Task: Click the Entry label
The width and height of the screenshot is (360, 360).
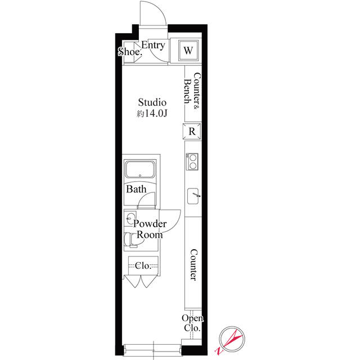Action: [153, 46]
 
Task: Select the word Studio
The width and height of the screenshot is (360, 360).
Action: [153, 102]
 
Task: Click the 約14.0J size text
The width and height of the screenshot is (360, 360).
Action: [153, 114]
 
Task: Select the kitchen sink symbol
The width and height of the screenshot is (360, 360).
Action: [193, 196]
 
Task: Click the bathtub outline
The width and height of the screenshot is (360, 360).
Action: [143, 170]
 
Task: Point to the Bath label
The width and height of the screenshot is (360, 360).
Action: [136, 190]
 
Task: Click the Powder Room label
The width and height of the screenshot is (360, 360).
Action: [150, 229]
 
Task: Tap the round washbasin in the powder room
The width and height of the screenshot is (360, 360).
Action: [131, 219]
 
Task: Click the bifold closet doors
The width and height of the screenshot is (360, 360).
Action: [141, 281]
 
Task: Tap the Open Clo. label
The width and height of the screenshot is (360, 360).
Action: [192, 323]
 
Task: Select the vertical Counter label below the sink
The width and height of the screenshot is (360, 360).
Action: [192, 264]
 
